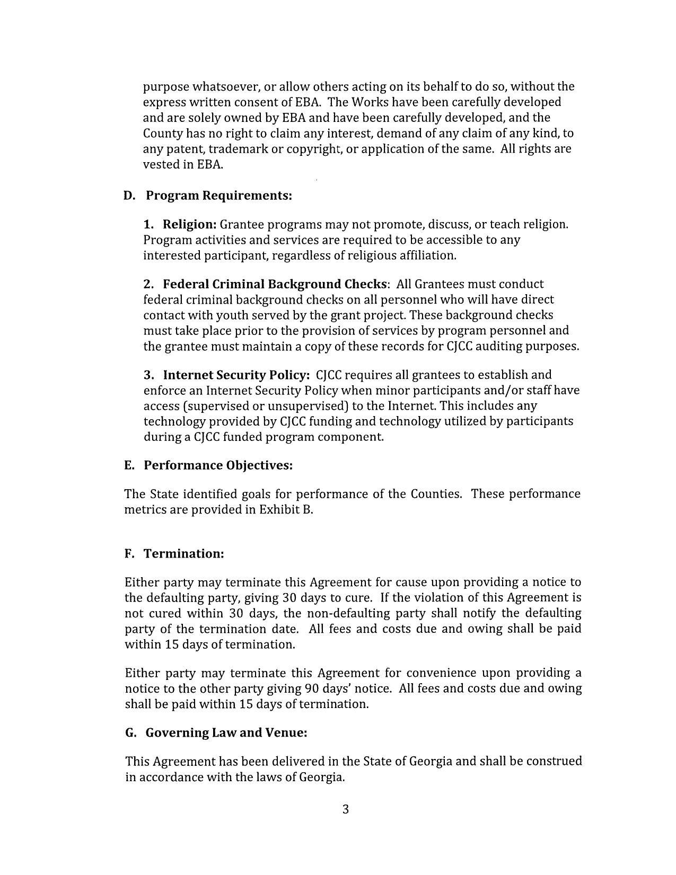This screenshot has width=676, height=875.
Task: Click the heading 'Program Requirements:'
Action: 218,196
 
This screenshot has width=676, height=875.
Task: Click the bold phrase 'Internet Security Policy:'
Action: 236,375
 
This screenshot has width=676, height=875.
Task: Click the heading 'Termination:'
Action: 184,554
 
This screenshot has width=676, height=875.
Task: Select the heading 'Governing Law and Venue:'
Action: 226,733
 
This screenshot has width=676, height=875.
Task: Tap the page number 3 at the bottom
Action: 345,809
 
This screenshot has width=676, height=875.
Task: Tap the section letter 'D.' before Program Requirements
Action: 130,196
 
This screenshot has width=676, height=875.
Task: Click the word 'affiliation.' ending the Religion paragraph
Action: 425,255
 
